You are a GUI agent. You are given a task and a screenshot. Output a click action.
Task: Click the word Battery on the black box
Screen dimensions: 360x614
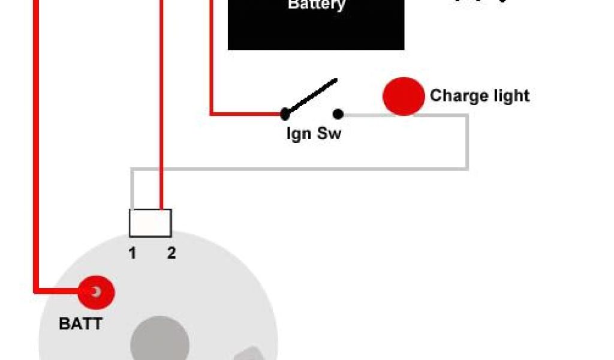coord(317,5)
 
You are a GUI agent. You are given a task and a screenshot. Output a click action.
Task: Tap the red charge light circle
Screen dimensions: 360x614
coord(404,96)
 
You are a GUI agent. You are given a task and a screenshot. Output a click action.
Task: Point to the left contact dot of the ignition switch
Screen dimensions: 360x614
coord(285,113)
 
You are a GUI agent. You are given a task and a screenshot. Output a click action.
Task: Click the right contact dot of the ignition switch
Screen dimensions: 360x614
coord(338,113)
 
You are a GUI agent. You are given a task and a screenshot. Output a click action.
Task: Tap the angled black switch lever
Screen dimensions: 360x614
coord(311,97)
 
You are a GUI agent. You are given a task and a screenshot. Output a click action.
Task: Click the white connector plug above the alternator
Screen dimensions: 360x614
coord(151,223)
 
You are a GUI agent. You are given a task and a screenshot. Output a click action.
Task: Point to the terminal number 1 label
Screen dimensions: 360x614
coord(132,253)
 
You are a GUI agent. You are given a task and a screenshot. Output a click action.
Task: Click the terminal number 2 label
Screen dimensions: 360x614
coord(171,253)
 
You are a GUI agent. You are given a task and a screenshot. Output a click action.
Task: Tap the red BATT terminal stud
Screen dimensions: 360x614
coord(96,293)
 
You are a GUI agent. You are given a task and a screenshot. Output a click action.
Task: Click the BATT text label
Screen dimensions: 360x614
coord(80,325)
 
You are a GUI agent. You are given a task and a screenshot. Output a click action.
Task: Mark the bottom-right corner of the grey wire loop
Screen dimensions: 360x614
coord(466,169)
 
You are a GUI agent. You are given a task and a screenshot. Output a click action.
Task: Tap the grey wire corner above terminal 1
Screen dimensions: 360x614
coord(133,170)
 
